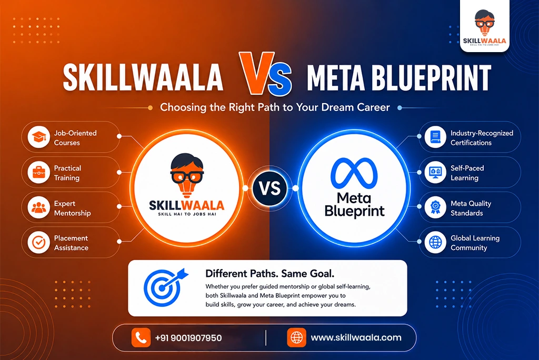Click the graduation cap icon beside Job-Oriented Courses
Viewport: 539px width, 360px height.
(39, 137)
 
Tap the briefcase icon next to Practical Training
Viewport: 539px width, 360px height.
(39, 172)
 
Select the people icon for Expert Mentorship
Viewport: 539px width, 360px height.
(39, 207)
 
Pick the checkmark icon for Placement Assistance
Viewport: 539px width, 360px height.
(39, 243)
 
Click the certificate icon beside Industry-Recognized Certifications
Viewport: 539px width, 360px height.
(435, 137)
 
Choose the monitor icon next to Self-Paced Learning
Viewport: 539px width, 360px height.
(435, 172)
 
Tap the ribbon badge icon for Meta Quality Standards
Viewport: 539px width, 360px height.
(435, 207)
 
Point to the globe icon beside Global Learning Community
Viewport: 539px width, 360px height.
(435, 243)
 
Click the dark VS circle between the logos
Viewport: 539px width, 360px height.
(270, 188)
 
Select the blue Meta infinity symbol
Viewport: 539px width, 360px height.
(354, 173)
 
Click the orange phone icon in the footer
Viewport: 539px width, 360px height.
(141, 337)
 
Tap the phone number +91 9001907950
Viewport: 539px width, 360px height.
(188, 338)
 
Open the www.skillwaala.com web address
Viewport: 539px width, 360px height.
(356, 338)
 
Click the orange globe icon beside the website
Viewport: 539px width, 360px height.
(297, 337)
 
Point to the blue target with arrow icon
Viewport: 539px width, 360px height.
(164, 287)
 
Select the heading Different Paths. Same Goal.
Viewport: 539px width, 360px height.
(270, 274)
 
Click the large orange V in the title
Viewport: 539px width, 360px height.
(256, 73)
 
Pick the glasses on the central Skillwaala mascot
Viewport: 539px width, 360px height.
(187, 176)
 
